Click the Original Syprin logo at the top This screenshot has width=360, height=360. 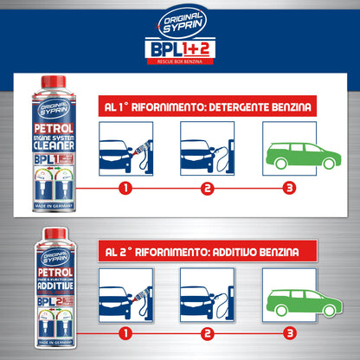179,18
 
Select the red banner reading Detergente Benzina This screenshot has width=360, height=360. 208,108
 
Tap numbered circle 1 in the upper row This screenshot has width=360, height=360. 126,187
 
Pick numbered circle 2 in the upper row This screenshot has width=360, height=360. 208,187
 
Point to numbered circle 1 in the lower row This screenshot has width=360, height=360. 126,331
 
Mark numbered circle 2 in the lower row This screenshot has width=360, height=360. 208,331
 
